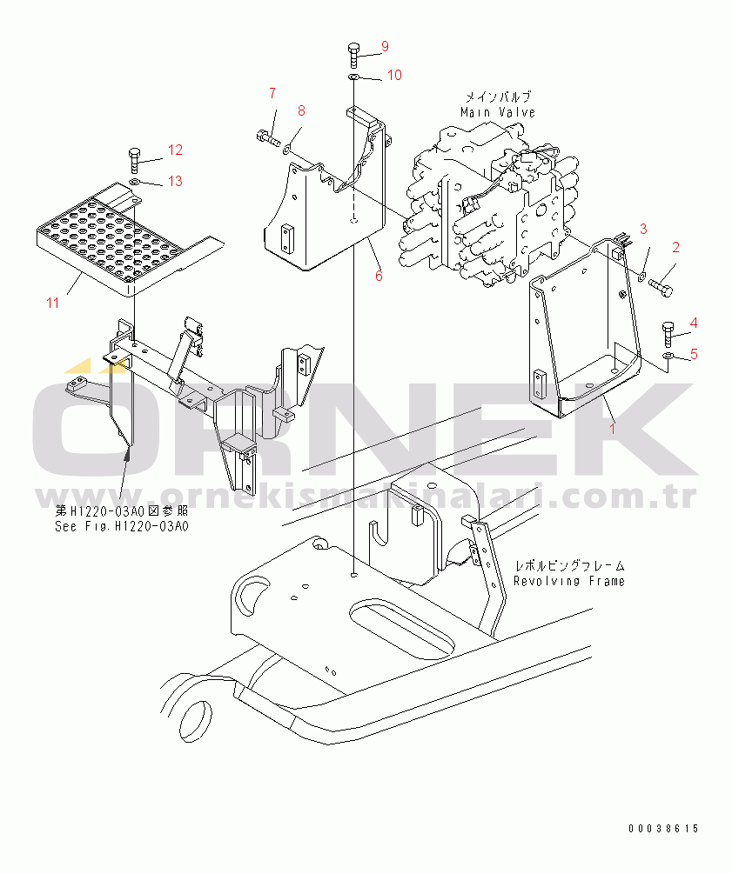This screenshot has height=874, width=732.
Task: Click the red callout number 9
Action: tap(385, 47)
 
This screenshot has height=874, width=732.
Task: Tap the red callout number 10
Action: tap(394, 76)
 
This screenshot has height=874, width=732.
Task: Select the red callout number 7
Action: tap(272, 93)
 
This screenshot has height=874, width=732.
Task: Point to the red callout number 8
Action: tap(301, 111)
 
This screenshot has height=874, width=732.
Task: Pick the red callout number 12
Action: tap(175, 150)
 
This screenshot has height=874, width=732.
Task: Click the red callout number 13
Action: tap(175, 181)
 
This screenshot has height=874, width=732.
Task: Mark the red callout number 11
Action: tap(52, 303)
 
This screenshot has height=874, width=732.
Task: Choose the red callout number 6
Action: tap(379, 276)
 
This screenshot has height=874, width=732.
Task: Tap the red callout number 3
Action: tap(643, 229)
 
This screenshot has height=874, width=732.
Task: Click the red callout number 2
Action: tap(675, 247)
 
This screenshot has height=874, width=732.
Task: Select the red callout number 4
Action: tap(694, 323)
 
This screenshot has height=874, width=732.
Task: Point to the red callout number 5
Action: tap(694, 354)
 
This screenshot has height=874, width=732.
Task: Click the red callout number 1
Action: tap(613, 429)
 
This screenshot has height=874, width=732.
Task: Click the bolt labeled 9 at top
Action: tap(353, 55)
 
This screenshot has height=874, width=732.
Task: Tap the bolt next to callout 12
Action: tap(134, 161)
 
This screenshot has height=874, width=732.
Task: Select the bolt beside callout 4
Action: tap(668, 334)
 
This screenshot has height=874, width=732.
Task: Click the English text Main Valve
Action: tap(498, 112)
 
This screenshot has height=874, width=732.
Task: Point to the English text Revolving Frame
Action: tap(569, 582)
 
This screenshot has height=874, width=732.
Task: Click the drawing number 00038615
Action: tap(663, 829)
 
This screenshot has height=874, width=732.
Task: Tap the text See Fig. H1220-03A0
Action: tap(122, 526)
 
